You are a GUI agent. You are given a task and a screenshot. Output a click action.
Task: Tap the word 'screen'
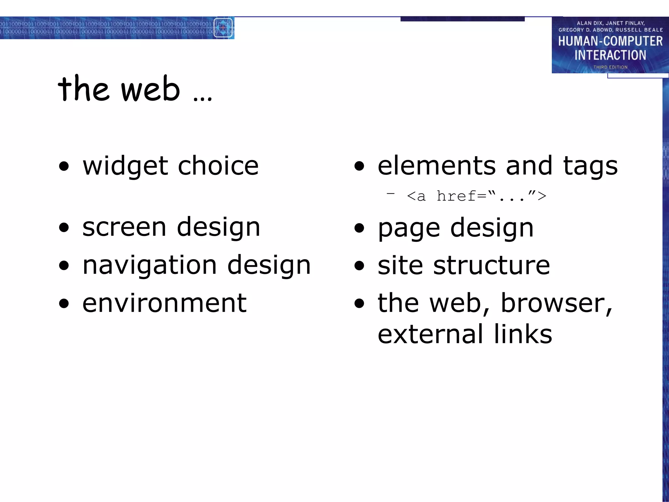124,227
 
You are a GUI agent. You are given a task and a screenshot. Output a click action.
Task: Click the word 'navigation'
150,265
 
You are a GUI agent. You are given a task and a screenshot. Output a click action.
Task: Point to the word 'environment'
164,303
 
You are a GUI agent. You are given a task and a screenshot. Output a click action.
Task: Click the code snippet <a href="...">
476,196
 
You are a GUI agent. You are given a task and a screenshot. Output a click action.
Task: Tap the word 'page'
409,228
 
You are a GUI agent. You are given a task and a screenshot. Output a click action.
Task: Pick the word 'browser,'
556,303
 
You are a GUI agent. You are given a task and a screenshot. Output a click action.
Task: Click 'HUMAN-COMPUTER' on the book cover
610,41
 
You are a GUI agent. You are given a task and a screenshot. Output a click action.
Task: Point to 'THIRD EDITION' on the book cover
610,67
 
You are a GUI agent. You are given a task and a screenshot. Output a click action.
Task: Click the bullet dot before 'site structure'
359,266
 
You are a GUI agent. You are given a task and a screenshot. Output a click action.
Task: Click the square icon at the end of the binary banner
223,28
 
